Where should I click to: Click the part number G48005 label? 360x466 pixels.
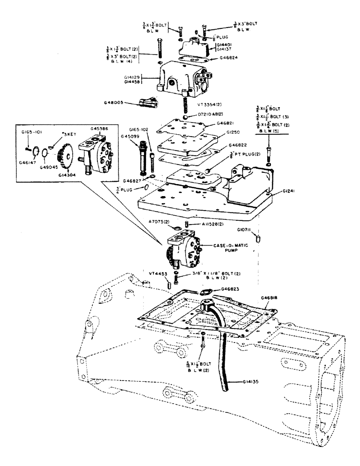click(x=114, y=103)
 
